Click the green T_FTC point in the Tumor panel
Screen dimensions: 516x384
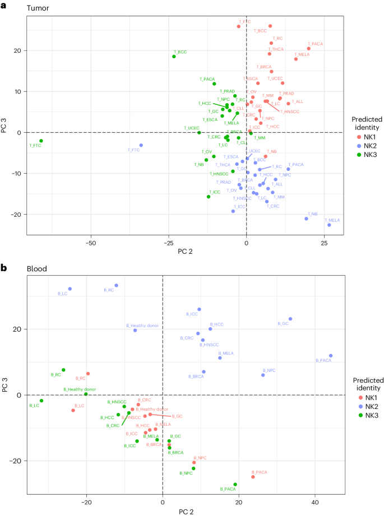tap(41, 141)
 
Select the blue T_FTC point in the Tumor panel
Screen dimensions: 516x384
tap(141, 145)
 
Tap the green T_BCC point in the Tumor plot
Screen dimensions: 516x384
tap(174, 57)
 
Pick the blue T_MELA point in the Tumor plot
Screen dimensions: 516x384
tap(329, 225)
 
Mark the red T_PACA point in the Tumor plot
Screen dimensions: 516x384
tap(308, 49)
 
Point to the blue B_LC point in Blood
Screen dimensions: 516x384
tap(70, 289)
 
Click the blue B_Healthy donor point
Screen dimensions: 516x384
tap(135, 330)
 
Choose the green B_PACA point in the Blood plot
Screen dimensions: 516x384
tap(235, 484)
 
